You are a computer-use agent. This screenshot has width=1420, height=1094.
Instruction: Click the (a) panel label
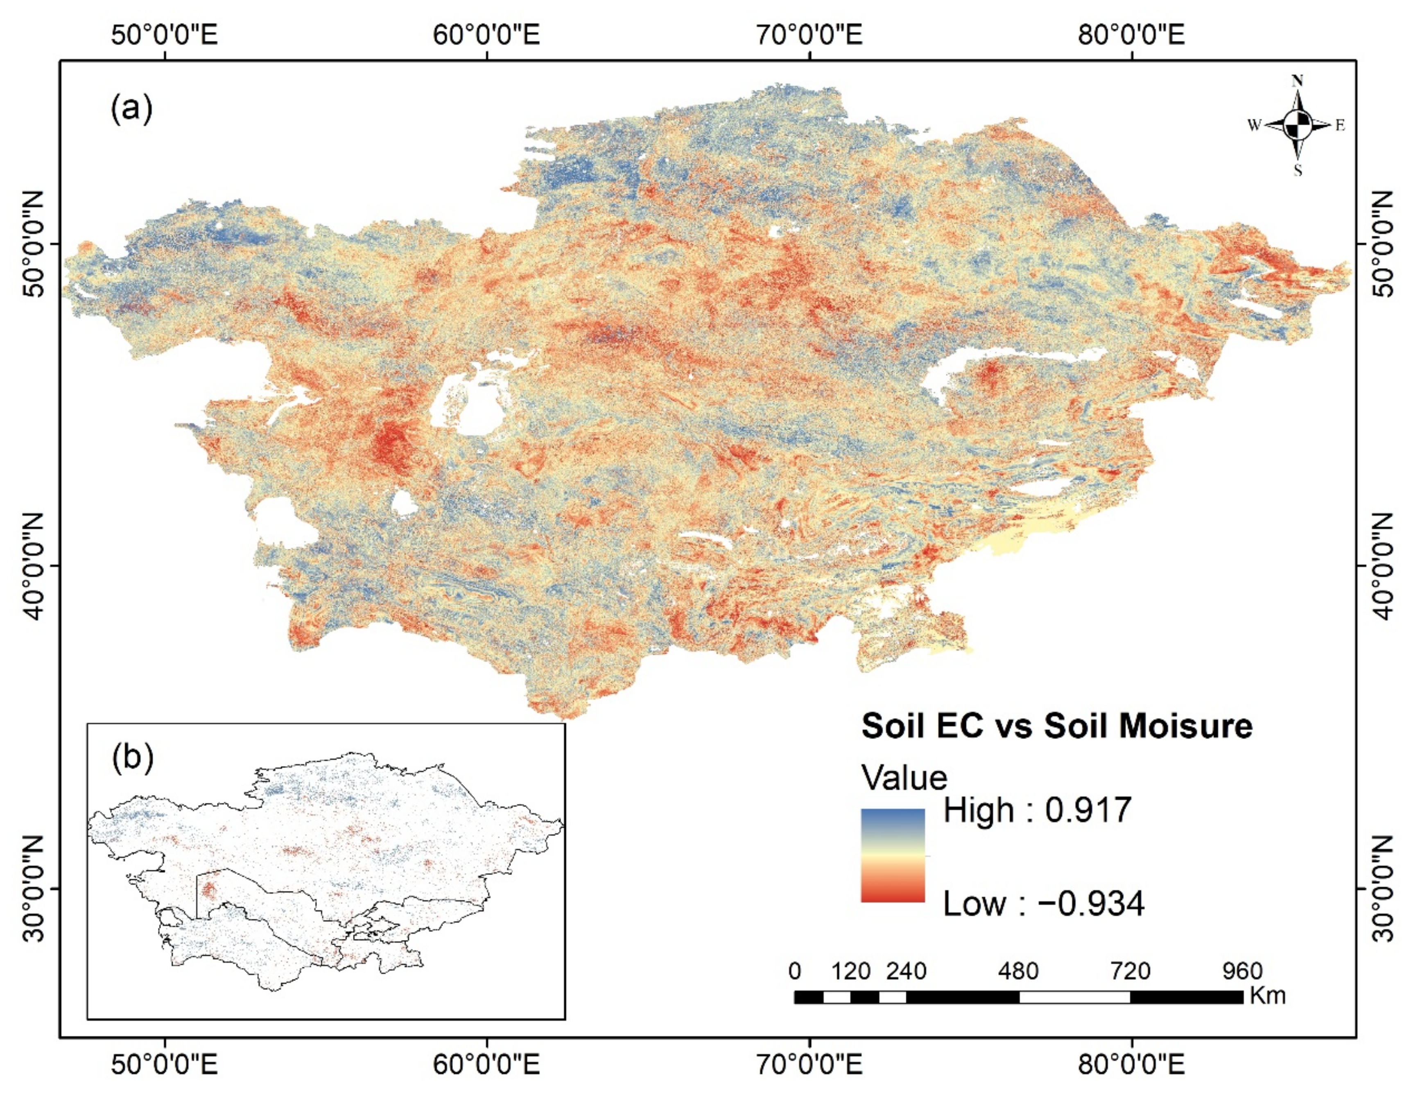click(131, 108)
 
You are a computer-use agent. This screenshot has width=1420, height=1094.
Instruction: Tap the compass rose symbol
click(1297, 125)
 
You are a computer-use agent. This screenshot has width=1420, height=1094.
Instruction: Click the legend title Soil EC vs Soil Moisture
click(1056, 726)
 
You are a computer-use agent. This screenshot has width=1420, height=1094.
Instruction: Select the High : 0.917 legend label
click(1037, 811)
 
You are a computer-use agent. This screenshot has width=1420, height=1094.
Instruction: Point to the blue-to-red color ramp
click(892, 855)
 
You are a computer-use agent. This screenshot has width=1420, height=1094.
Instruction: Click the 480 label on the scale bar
click(1018, 971)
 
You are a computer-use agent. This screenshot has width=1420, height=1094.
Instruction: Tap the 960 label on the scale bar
click(1242, 971)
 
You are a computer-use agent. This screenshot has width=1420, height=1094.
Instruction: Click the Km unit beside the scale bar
click(1267, 996)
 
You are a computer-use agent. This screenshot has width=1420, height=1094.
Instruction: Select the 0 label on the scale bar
click(794, 971)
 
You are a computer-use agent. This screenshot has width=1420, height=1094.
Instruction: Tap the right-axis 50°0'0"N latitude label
click(1385, 244)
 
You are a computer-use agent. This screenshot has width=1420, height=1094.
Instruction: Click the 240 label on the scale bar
click(907, 971)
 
